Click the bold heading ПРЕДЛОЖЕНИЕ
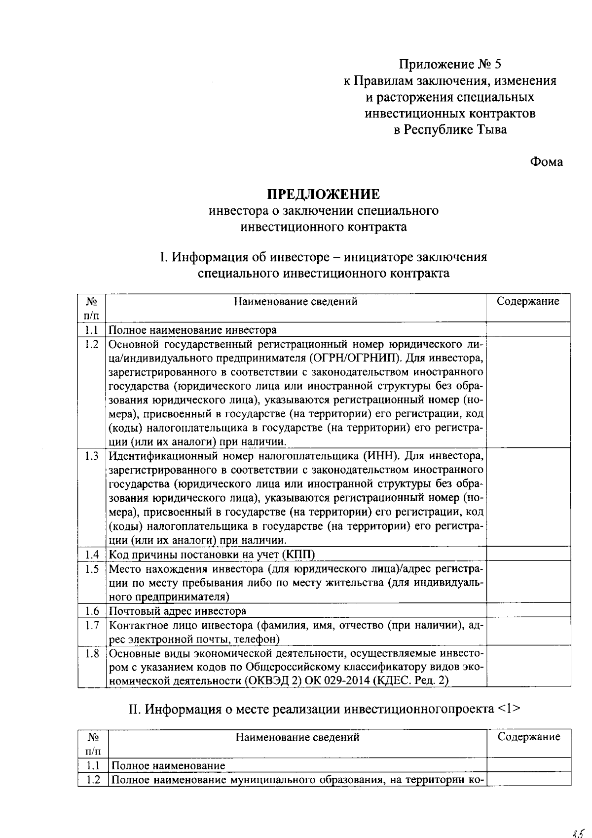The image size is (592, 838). (x=324, y=194)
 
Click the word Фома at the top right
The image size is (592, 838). (x=546, y=162)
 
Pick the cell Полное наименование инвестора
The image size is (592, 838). (x=192, y=330)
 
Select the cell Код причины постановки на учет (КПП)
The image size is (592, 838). (x=212, y=555)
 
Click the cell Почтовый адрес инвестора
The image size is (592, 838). (x=177, y=611)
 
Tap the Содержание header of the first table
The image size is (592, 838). (x=527, y=301)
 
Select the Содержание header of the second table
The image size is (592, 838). (x=528, y=737)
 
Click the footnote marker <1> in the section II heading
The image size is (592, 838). (x=509, y=709)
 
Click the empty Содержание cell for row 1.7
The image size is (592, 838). (x=528, y=633)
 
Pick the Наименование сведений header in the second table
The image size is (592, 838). (x=297, y=737)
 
